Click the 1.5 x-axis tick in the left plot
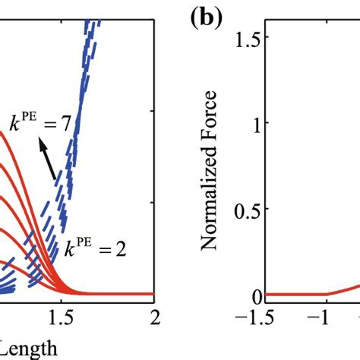point(68,315)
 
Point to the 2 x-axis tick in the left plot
point(155,315)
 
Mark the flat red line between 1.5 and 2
point(122,294)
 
